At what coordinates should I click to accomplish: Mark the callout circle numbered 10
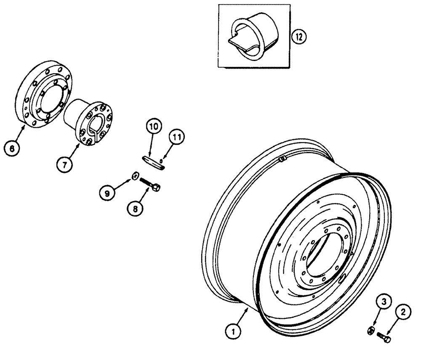pos(154,126)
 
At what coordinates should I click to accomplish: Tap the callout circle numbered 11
pos(177,138)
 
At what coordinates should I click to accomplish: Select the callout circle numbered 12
pos(298,37)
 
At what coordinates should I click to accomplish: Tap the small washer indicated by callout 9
pos(135,176)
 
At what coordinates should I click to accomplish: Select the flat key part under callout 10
pos(153,161)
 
